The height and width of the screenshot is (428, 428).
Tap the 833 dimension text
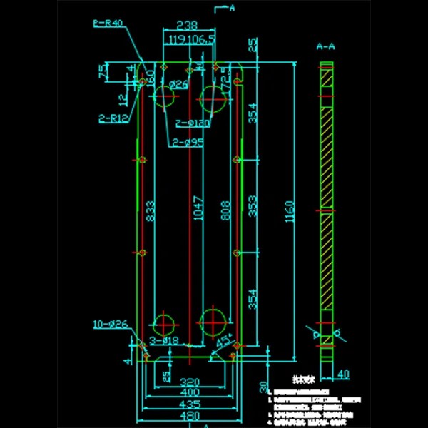[150, 211]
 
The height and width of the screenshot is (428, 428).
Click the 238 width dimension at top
[188, 24]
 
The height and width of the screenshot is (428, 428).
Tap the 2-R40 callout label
[108, 23]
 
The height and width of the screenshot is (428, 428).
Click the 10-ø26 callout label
[110, 325]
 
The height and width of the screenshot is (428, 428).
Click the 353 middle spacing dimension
[253, 207]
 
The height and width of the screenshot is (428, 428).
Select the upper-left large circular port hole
[165, 96]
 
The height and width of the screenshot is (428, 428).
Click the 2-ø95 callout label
[187, 143]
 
